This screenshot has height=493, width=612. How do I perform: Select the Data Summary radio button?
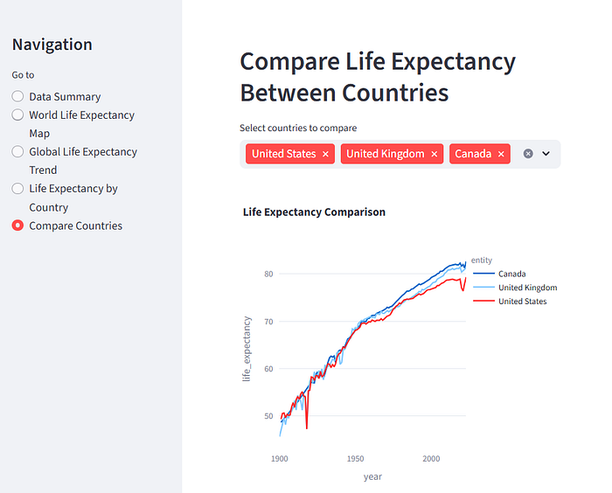click(17, 96)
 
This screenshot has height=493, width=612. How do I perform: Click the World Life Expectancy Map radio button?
click(17, 115)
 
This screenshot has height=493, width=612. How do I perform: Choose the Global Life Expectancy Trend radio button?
click(17, 151)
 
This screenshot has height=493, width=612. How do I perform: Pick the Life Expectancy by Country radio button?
click(17, 188)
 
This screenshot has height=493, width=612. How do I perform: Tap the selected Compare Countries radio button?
click(17, 226)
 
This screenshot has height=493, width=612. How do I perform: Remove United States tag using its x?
click(326, 154)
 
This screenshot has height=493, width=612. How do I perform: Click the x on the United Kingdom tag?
click(435, 154)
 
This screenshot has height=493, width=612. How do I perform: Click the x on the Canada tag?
click(501, 154)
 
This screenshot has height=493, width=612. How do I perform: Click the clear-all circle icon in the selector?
click(528, 154)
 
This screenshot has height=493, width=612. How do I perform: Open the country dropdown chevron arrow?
click(546, 154)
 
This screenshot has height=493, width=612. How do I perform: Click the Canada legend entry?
click(511, 274)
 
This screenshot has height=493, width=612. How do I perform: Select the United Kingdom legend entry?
click(527, 288)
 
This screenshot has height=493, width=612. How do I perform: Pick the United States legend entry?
click(522, 302)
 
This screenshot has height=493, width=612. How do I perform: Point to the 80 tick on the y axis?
click(268, 274)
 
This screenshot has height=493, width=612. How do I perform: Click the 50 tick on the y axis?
click(268, 416)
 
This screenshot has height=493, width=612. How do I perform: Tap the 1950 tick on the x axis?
click(355, 458)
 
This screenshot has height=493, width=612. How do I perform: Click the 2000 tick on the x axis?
click(431, 458)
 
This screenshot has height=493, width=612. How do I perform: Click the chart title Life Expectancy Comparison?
click(314, 212)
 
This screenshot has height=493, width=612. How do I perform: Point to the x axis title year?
click(372, 476)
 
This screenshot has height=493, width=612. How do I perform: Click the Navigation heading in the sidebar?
click(52, 45)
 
